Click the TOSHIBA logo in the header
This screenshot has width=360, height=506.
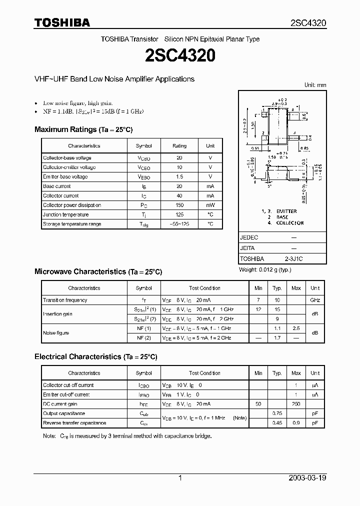(62, 22)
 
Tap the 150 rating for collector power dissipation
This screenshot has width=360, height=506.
(179, 205)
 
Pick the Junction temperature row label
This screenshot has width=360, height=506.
(66, 215)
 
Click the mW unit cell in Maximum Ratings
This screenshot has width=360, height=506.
(210, 205)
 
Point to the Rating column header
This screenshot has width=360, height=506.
(179, 146)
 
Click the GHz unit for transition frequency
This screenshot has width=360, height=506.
(315, 300)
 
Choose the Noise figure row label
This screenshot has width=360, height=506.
(56, 333)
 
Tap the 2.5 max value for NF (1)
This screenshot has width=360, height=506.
(296, 328)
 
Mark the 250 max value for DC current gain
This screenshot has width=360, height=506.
(296, 404)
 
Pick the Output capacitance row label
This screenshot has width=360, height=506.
(64, 413)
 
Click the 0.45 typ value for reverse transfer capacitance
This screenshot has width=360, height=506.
(277, 423)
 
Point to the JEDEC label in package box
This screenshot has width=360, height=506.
(249, 238)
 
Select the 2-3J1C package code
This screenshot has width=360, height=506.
(293, 259)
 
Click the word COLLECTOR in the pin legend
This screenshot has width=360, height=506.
(290, 223)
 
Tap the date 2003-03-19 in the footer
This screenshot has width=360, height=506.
(307, 478)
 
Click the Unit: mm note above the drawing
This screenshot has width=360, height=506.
(315, 85)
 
